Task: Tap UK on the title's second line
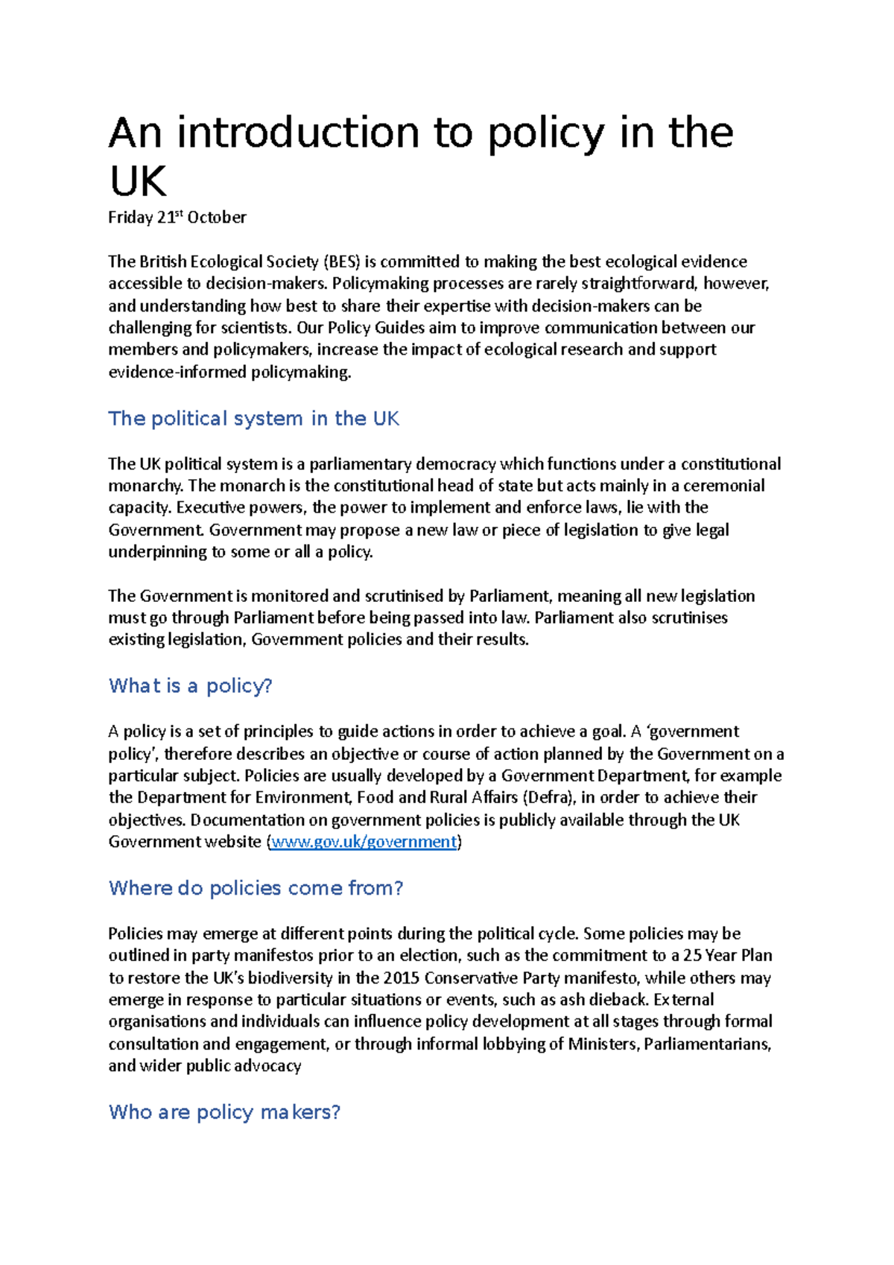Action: pos(138,181)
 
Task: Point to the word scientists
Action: pos(255,328)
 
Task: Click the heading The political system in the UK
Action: pos(253,419)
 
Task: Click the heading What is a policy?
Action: pos(190,685)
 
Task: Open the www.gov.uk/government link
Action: pos(364,842)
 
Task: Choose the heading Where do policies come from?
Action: pos(256,888)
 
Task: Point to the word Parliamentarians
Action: pos(706,1044)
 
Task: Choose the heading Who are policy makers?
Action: pos(224,1112)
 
